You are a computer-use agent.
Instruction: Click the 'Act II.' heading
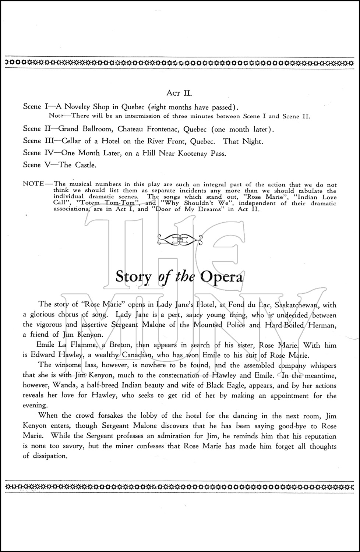coord(178,93)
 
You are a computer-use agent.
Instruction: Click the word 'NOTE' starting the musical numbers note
coord(33,184)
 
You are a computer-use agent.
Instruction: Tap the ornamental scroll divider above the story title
coord(180,240)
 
